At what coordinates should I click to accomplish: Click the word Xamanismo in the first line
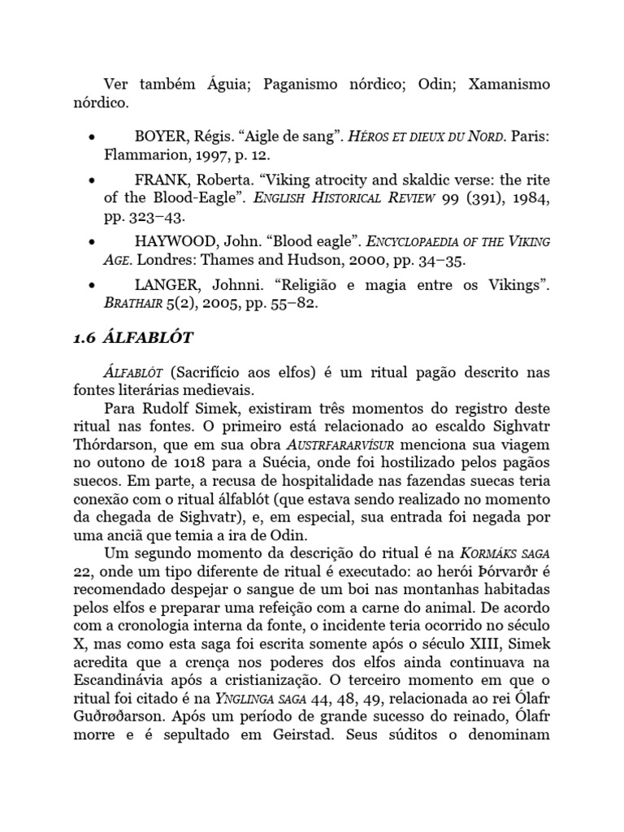tap(509, 84)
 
